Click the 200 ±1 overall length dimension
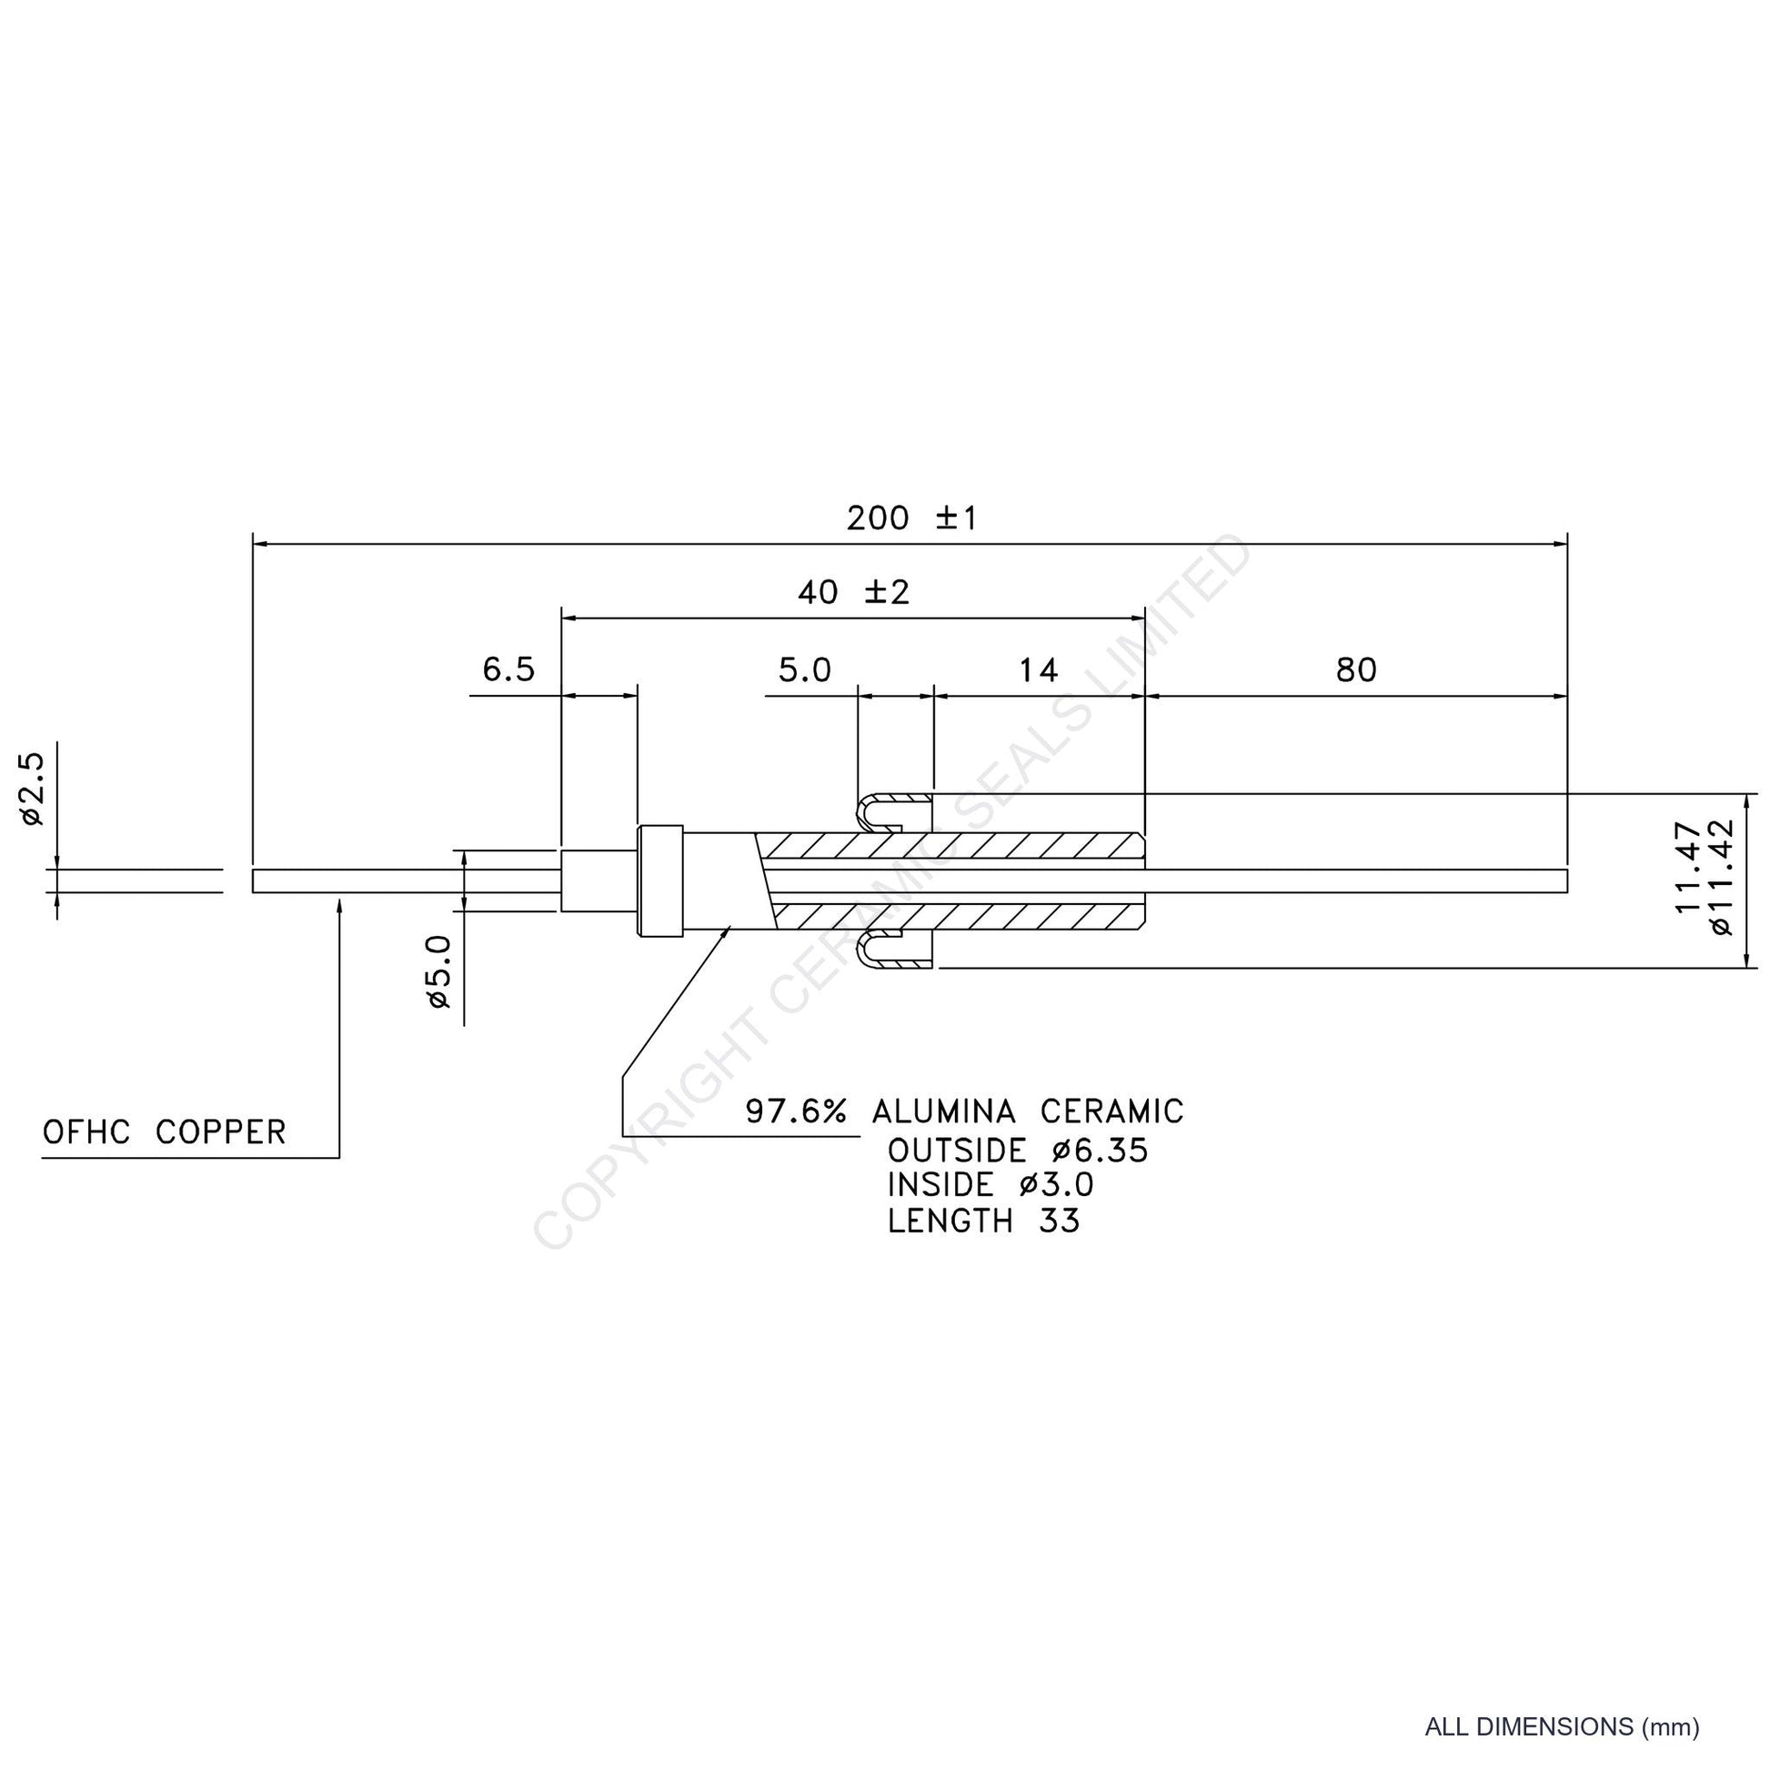[911, 518]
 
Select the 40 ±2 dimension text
[853, 593]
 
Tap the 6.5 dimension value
[508, 669]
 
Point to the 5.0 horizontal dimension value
[804, 669]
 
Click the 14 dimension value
[1038, 670]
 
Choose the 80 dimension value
[1356, 670]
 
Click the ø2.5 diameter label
[32, 789]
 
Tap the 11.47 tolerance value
[1688, 867]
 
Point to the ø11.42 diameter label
[1722, 876]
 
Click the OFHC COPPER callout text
[164, 1132]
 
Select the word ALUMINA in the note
[943, 1111]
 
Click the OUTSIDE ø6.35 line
[1018, 1151]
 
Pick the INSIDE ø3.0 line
[991, 1185]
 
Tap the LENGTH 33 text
[984, 1222]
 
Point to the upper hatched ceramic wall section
[953, 846]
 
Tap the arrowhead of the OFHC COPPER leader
[339, 905]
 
